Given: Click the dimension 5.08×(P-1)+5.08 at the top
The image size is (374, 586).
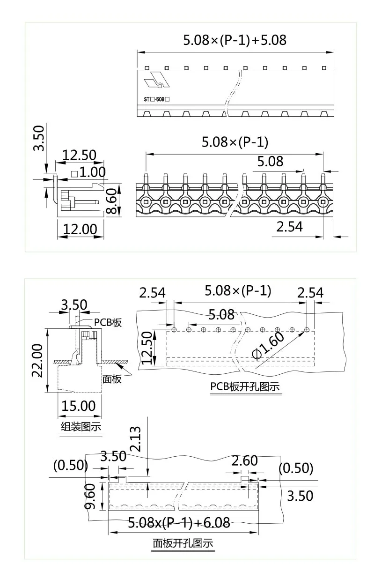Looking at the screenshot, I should (234, 40).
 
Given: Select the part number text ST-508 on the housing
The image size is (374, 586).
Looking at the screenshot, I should (156, 100).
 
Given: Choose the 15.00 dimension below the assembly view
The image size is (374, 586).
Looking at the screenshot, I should (78, 406).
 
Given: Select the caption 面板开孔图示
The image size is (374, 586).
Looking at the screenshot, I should (183, 543).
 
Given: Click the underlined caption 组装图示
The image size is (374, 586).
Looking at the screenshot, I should (81, 426).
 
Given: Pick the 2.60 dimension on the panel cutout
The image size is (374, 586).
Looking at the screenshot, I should (245, 461).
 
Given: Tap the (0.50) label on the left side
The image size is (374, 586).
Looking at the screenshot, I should (71, 465).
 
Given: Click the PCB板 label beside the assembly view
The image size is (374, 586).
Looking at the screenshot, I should (108, 322).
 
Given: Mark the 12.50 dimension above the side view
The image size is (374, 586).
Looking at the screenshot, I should (80, 155).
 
